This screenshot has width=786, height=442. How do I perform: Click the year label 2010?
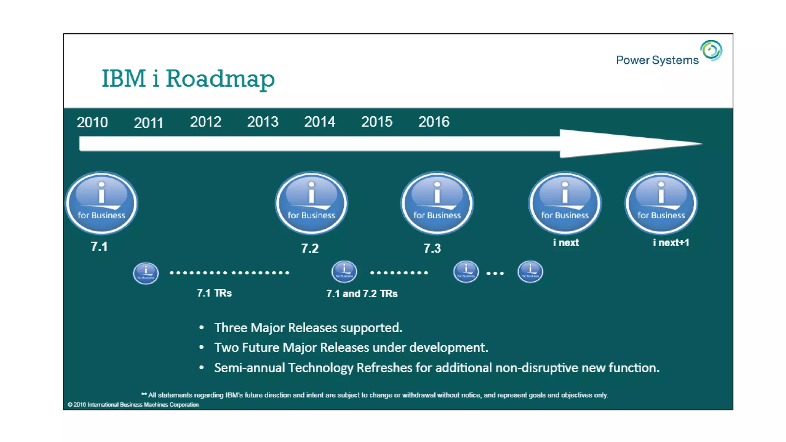(92, 122)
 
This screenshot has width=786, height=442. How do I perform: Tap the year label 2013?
(263, 122)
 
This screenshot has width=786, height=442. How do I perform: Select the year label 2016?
(434, 122)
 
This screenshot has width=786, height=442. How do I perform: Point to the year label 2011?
(149, 123)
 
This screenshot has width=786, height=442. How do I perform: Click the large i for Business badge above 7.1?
(101, 203)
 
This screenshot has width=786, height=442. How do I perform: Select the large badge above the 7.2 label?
(311, 203)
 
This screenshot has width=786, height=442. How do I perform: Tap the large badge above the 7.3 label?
(437, 203)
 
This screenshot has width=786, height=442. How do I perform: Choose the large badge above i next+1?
(661, 203)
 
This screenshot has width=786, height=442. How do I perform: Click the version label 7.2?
(310, 248)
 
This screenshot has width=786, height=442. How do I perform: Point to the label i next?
(566, 242)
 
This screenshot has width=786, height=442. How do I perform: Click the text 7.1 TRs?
(214, 293)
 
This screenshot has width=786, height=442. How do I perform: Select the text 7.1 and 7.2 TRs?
(362, 294)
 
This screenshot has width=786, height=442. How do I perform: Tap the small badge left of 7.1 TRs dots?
(146, 273)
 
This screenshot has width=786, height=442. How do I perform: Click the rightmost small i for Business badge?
(530, 272)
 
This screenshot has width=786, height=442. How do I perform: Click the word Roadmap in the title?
(220, 79)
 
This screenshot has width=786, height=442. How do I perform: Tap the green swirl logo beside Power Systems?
(711, 50)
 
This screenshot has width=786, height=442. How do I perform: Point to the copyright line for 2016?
(133, 404)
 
